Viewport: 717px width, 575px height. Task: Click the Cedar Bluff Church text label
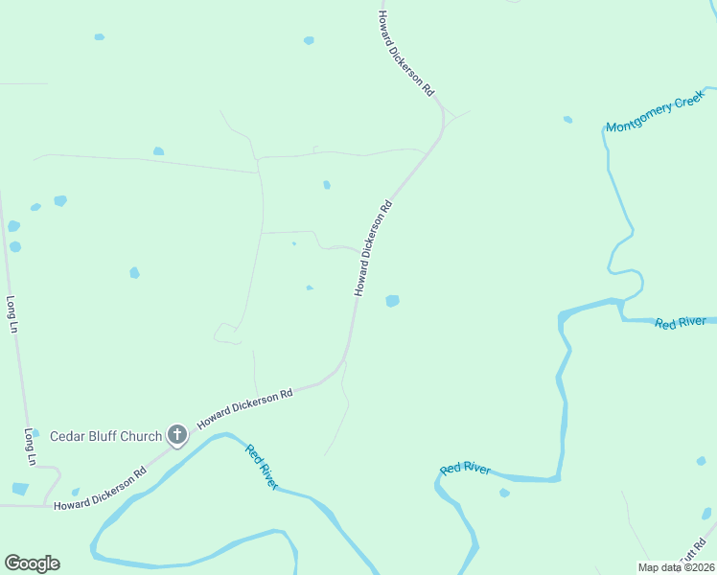pyautogui.click(x=106, y=436)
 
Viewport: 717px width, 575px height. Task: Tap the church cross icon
pyautogui.click(x=176, y=435)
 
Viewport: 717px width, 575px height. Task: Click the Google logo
pyautogui.click(x=32, y=563)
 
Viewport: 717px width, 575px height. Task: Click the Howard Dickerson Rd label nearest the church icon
pyautogui.click(x=243, y=409)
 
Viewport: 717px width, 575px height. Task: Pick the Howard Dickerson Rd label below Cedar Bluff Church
pyautogui.click(x=100, y=488)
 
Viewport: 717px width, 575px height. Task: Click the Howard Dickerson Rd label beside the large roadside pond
pyautogui.click(x=373, y=247)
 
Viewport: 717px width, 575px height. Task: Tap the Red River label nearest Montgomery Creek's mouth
pyautogui.click(x=681, y=323)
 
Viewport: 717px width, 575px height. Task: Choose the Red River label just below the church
pyautogui.click(x=261, y=467)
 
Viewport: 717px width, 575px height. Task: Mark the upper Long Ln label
pyautogui.click(x=12, y=313)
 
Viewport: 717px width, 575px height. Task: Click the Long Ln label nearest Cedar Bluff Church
pyautogui.click(x=31, y=447)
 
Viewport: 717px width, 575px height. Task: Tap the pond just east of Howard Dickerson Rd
pyautogui.click(x=392, y=301)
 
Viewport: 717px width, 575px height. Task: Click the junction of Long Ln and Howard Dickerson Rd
pyautogui.click(x=45, y=504)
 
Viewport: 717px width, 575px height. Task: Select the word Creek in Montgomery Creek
pyautogui.click(x=685, y=103)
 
